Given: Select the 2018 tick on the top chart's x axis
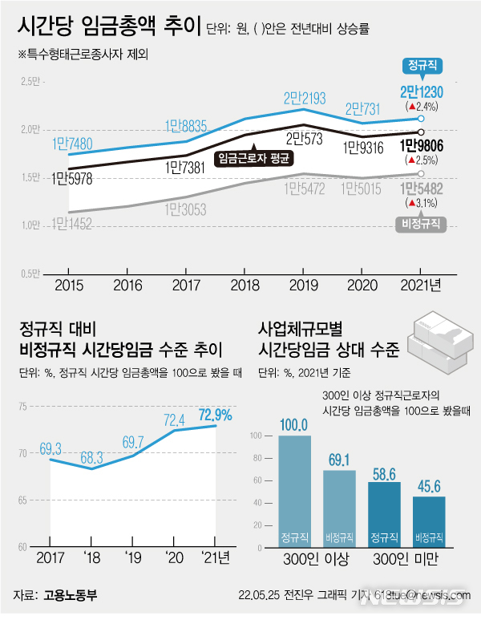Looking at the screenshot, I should pyautogui.click(x=244, y=284).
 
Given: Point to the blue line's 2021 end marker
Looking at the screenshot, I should pyautogui.click(x=422, y=119).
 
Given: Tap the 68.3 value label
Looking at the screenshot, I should pyautogui.click(x=93, y=458).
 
